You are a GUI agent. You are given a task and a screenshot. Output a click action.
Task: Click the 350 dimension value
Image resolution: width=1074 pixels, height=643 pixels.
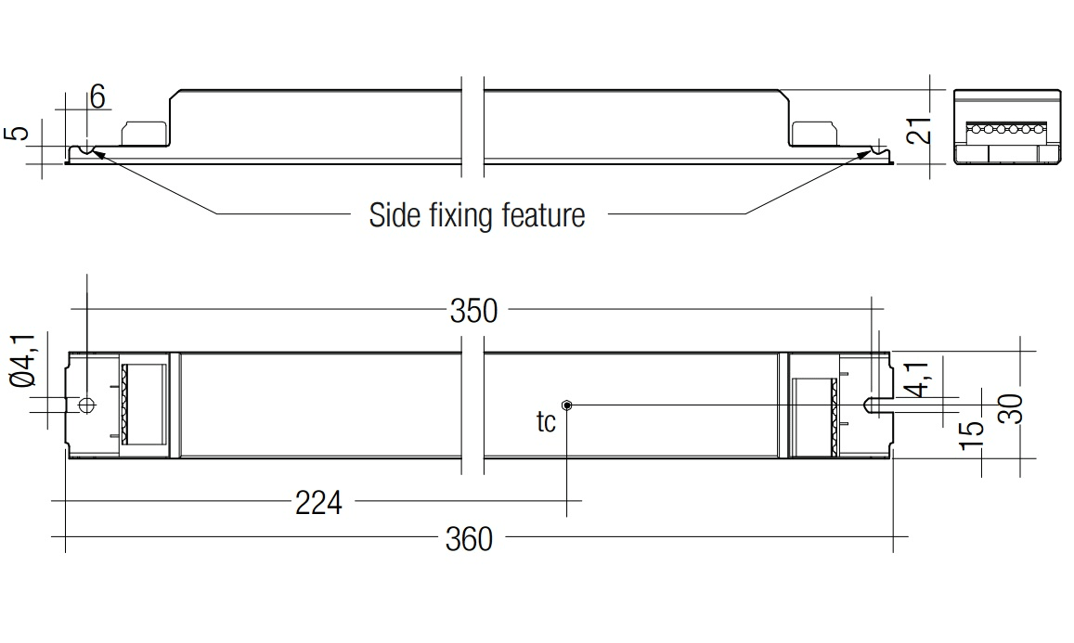coord(473,311)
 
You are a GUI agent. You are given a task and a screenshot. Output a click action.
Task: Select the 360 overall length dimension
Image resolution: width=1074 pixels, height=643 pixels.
coord(469,539)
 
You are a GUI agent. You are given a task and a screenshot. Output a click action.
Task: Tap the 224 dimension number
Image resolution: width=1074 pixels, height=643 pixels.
coord(318,503)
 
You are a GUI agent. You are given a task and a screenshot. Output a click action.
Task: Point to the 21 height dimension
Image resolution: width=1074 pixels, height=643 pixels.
coord(919,129)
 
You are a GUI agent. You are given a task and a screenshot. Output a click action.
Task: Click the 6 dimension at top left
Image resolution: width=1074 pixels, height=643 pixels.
coord(97,96)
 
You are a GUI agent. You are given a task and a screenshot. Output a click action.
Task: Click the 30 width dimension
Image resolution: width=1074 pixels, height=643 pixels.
coord(1011,409)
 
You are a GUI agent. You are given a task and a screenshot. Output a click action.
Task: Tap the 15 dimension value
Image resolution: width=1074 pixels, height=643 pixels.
coord(971,435)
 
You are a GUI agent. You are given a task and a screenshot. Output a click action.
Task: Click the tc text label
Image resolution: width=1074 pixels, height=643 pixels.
coord(546,422)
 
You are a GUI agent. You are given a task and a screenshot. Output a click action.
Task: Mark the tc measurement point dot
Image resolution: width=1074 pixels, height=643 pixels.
coord(566,405)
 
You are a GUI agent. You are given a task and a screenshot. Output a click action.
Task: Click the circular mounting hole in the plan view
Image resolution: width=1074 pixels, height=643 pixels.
coord(86,405)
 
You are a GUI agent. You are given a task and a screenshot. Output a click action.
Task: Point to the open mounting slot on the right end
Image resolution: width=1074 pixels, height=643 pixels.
coord(877,405)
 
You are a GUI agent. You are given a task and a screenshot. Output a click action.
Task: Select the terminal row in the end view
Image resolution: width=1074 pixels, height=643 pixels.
coord(1005,129)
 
